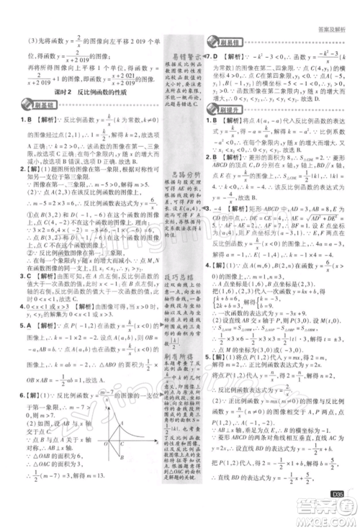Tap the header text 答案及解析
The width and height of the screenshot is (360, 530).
coord(335,9)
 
